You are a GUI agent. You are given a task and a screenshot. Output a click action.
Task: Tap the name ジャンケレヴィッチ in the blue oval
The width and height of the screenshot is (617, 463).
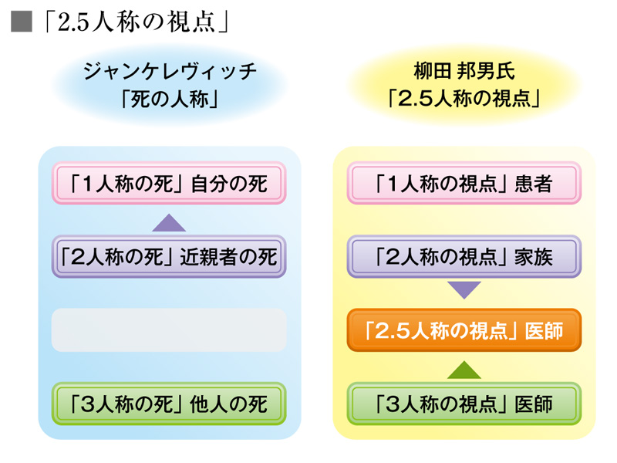pos(169,74)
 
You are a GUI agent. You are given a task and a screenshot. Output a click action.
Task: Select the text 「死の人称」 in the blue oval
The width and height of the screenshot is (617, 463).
pos(169,100)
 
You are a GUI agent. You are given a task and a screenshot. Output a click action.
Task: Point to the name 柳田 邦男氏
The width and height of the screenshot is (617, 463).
pos(464,74)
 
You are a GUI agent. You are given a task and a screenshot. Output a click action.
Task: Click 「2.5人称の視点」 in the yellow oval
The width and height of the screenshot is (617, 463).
pos(464,100)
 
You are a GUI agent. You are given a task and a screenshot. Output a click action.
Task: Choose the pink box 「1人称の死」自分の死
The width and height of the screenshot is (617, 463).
pos(169,183)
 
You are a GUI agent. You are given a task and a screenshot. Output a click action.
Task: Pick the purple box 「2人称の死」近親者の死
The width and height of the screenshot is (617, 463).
pos(169,256)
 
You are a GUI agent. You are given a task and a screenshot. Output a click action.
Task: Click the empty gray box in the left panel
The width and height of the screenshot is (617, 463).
pos(169,330)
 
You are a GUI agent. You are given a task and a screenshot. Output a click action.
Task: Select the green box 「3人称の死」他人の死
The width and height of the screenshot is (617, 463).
pos(169,403)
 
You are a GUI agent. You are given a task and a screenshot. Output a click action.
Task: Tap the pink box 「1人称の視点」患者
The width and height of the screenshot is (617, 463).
pos(464,183)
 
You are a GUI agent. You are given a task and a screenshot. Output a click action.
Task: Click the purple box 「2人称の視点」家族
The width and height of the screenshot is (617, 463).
pos(464,256)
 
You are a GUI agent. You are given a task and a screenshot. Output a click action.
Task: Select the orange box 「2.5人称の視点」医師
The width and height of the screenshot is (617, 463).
pos(464,330)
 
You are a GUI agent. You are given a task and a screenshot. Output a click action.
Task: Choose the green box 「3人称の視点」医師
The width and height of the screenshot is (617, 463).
pos(464,403)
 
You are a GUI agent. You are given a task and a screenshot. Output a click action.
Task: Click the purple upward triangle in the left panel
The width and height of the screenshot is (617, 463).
pos(169,222)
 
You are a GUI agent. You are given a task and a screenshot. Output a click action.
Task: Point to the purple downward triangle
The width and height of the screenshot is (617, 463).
pos(464,291)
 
